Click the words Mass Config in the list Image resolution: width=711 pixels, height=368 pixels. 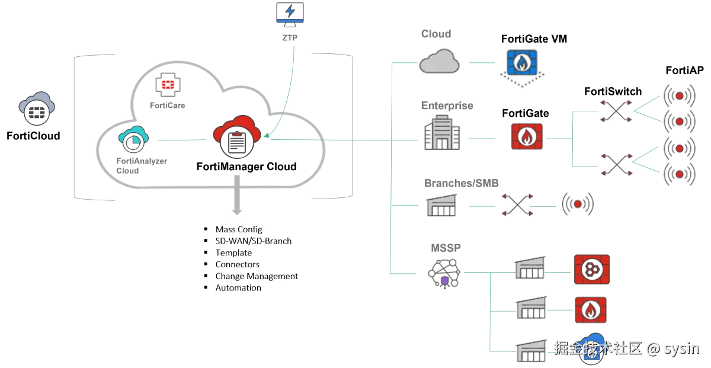pyautogui.click(x=238, y=229)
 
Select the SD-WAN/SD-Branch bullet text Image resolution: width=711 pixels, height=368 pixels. pyautogui.click(x=253, y=241)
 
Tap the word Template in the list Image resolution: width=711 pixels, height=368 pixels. pyautogui.click(x=233, y=252)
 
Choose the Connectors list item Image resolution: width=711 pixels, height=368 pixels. pyautogui.click(x=237, y=264)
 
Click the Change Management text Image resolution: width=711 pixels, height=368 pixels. pyautogui.click(x=257, y=276)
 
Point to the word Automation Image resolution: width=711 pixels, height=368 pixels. pyautogui.click(x=238, y=288)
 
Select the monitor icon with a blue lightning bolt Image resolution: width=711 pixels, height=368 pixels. pyautogui.click(x=292, y=12)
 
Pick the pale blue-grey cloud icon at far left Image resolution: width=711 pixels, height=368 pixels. pyautogui.click(x=37, y=107)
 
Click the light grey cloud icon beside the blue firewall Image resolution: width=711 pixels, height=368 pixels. pyautogui.click(x=439, y=62)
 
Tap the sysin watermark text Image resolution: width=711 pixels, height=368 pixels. pyautogui.click(x=681, y=348)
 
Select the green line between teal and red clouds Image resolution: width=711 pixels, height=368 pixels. pyautogui.click(x=181, y=140)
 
